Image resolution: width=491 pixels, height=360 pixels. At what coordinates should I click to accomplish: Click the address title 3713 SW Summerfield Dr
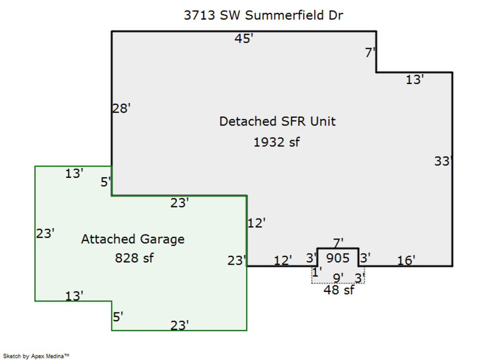point(264,15)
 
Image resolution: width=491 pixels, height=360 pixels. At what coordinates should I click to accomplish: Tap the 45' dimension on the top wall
point(244,39)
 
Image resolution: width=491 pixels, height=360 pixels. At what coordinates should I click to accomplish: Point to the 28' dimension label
point(121,109)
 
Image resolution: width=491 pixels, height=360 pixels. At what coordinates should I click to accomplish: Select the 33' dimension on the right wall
point(444,161)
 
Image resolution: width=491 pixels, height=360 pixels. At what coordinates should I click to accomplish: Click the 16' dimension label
point(406,260)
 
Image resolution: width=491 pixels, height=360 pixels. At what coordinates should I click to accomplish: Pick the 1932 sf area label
point(277,142)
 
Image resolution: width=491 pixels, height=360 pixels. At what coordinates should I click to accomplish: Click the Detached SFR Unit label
point(278,122)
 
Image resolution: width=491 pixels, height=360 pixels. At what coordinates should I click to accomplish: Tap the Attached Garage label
point(133,239)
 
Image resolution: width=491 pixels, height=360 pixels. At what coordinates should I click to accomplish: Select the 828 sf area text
point(134,258)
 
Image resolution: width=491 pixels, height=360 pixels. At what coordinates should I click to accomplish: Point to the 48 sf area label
point(339,290)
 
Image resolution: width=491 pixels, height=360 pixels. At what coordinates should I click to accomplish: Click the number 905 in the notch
point(338,258)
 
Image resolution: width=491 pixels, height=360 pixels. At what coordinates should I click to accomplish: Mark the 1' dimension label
point(317,272)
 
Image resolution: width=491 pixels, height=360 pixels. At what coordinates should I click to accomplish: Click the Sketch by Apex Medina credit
point(36,356)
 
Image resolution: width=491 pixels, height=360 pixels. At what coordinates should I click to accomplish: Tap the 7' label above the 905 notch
point(338,243)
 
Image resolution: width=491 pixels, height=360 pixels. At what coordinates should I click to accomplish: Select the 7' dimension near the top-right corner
point(370,52)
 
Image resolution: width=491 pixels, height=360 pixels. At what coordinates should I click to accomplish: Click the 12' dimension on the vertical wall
point(256,223)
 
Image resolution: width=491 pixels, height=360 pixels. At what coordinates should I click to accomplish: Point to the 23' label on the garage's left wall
point(45,233)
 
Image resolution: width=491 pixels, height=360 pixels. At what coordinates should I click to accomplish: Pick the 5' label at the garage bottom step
point(118,317)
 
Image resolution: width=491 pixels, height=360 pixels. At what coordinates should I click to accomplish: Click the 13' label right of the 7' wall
point(415,80)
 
